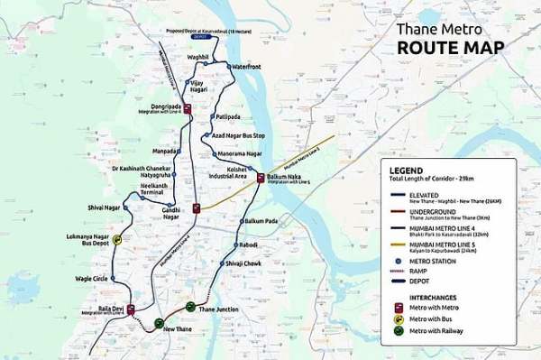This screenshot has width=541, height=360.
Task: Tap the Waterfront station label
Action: (x=246, y=67)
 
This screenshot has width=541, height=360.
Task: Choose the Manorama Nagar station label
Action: (x=239, y=154)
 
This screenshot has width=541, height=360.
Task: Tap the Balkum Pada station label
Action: (x=261, y=221)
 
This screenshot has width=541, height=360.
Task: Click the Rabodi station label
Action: (x=248, y=244)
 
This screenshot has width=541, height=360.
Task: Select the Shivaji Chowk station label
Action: (x=243, y=263)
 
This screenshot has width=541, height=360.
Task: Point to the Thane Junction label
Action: (x=218, y=309)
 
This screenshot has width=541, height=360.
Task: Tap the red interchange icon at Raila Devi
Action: (x=131, y=309)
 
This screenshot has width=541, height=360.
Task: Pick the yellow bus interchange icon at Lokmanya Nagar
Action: (x=117, y=240)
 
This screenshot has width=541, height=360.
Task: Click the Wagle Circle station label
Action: (x=91, y=279)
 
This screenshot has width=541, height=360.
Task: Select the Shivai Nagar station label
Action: (x=104, y=208)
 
